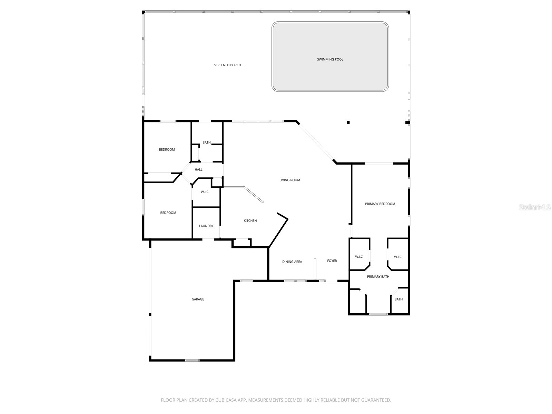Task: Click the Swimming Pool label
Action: pos(330,59)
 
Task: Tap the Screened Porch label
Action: pos(227,65)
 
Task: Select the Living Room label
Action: pos(289,180)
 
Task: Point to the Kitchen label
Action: pos(250,221)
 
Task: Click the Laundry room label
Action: pos(206,226)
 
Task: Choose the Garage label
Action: pos(198,299)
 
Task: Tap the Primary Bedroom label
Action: pos(380,204)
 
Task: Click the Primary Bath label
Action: pos(378,277)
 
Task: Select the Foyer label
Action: pos(332,261)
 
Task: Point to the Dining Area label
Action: pos(292,262)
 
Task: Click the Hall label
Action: pos(198,170)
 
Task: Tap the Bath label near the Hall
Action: pos(206,142)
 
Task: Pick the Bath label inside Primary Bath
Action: pos(398,299)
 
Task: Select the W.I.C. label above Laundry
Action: pos(205,192)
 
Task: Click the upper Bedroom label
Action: pos(167,150)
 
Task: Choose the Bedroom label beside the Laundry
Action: pos(168,213)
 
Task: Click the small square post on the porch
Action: pos(348,122)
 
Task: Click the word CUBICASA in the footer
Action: pos(228,400)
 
